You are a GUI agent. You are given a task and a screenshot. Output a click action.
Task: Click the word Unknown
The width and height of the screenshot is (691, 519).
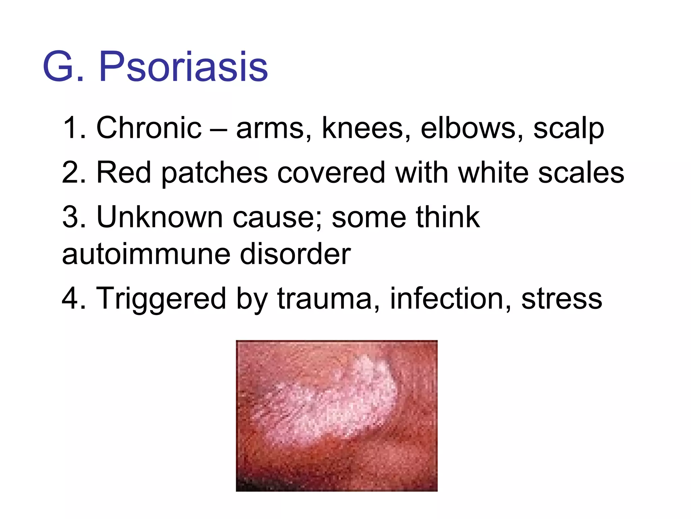pyautogui.click(x=160, y=217)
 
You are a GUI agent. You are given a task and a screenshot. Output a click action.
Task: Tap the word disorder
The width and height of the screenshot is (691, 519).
pyautogui.click(x=295, y=254)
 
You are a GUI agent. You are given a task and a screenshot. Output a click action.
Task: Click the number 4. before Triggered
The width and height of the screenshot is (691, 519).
pyautogui.click(x=74, y=298)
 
